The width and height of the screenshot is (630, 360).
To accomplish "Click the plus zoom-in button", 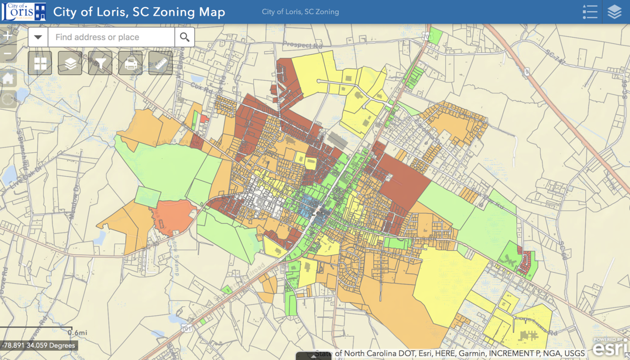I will coord(8,35).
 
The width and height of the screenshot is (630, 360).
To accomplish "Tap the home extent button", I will coord(8,78).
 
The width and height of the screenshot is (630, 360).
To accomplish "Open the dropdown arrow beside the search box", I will coord(38,37).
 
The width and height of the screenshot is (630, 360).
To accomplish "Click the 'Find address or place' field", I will coord(111,37).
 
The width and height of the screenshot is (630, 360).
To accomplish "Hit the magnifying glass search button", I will coord(184,37).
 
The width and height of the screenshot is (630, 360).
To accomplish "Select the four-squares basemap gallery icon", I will coord(40,63).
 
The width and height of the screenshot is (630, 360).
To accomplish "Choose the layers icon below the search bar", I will coord(70,63).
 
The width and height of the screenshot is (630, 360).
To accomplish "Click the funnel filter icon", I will coord(100,63).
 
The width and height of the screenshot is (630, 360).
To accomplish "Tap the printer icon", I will coord(130,63).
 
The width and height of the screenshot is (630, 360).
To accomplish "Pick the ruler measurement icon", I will coord(160,63).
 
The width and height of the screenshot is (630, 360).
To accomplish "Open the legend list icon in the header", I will coord(590,12).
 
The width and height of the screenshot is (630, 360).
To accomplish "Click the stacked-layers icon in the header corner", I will coord(614,12).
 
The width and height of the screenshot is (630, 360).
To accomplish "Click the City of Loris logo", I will coord(24,12).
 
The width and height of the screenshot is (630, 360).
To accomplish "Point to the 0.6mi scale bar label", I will coord(77,333).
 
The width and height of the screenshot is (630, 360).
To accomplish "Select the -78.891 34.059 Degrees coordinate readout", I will coord(39,345).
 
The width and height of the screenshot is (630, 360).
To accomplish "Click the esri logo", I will coord(610,347).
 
